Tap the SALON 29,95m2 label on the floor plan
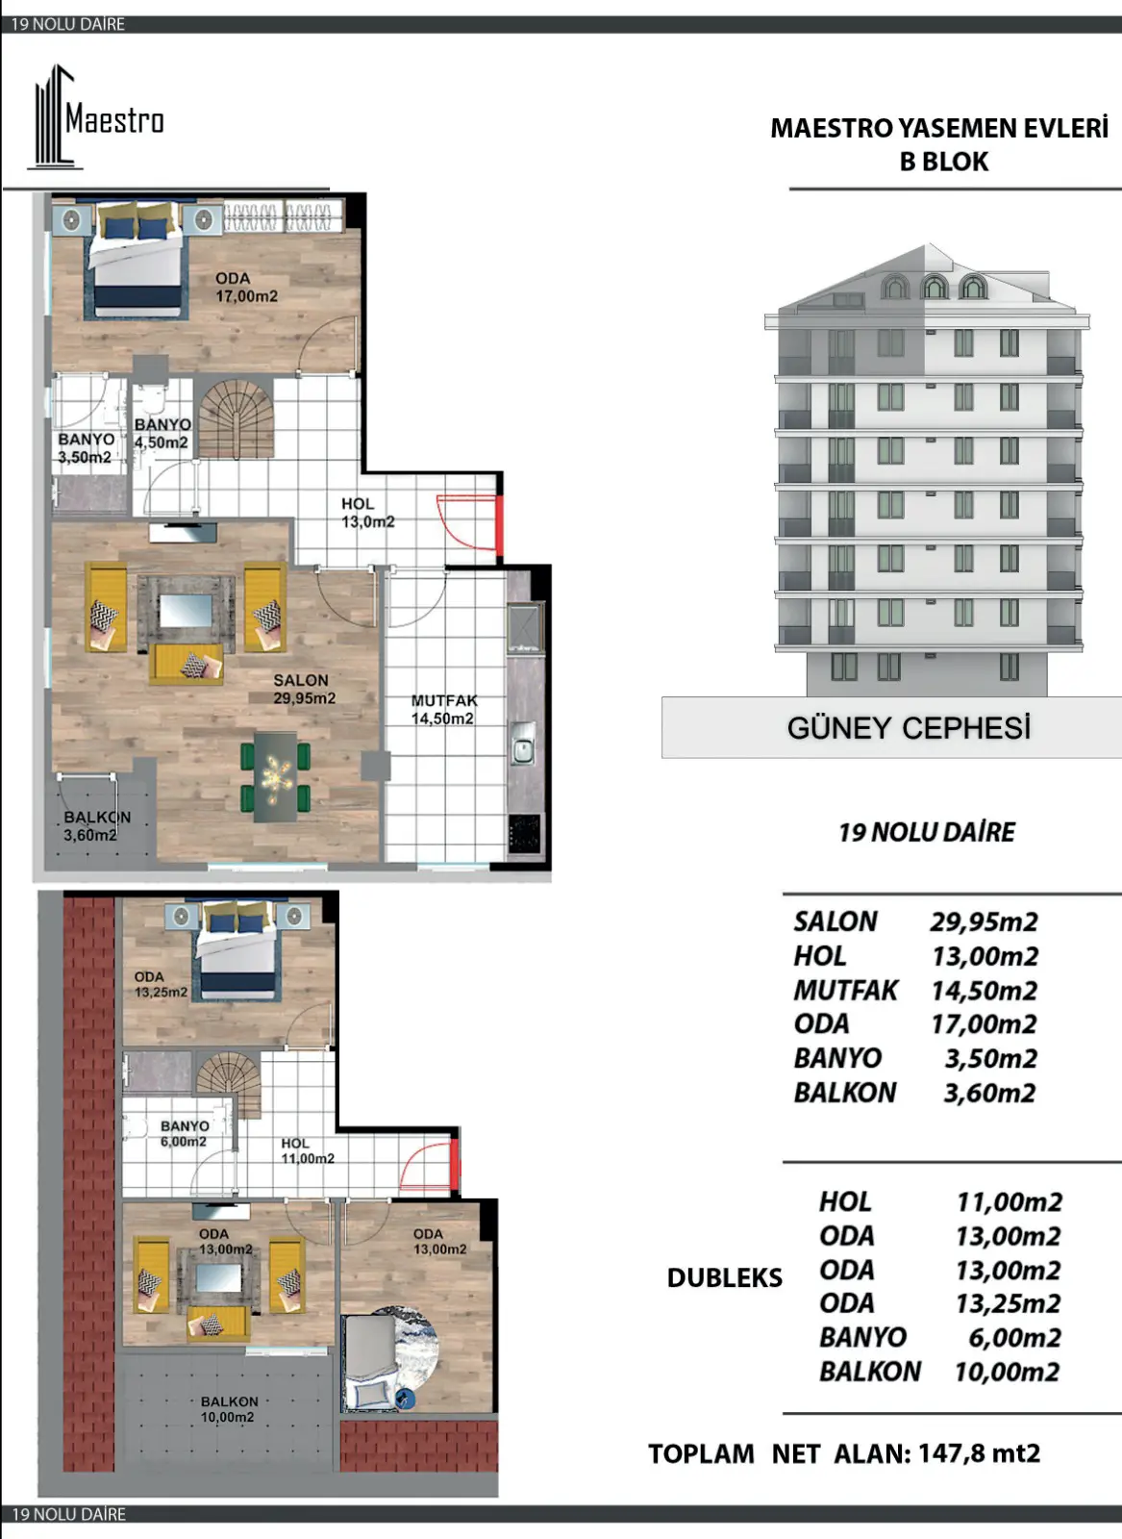(304, 689)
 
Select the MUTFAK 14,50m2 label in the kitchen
(443, 710)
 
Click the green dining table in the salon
(275, 777)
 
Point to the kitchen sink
(523, 743)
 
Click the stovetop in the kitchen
(525, 834)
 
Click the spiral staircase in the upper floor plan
(235, 419)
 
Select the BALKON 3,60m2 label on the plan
(97, 826)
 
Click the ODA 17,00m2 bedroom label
(246, 288)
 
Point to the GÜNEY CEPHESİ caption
(909, 727)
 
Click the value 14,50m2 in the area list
(984, 990)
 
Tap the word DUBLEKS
(724, 1277)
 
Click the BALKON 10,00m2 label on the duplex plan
(228, 1409)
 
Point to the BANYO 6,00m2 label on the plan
(184, 1133)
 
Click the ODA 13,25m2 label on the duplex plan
(161, 984)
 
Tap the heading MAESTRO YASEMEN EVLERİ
(939, 128)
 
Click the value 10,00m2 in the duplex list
(1008, 1372)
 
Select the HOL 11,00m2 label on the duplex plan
(308, 1150)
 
